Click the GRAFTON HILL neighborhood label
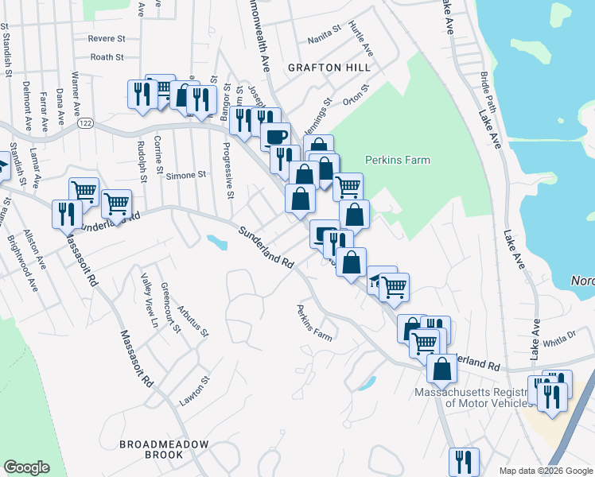tap(329, 68)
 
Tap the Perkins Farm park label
tap(397, 160)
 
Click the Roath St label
tap(107, 57)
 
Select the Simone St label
tap(186, 175)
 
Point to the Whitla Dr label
tap(558, 339)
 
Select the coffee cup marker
tap(276, 137)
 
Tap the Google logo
tap(27, 467)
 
